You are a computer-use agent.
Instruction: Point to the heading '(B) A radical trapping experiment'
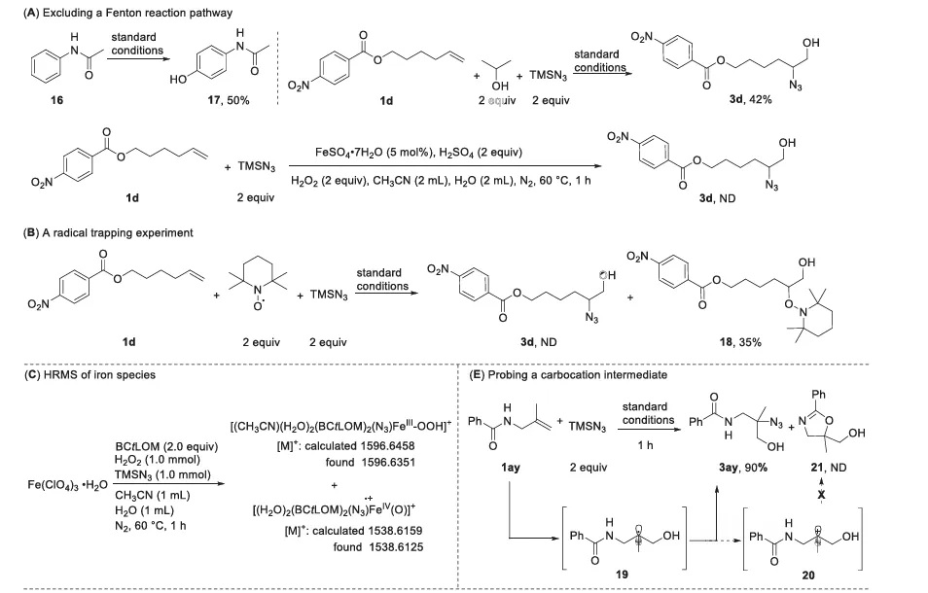(x=102, y=232)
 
